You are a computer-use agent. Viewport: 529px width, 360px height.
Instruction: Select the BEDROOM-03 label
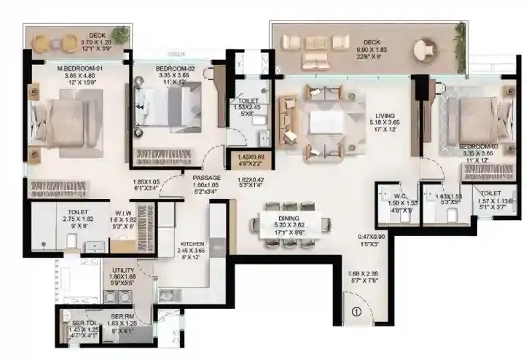tap(478, 146)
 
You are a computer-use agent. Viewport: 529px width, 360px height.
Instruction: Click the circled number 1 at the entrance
tap(356, 313)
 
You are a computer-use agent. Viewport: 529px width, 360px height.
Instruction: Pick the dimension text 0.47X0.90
tap(371, 238)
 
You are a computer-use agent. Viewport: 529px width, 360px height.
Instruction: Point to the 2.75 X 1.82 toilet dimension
tap(57, 217)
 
